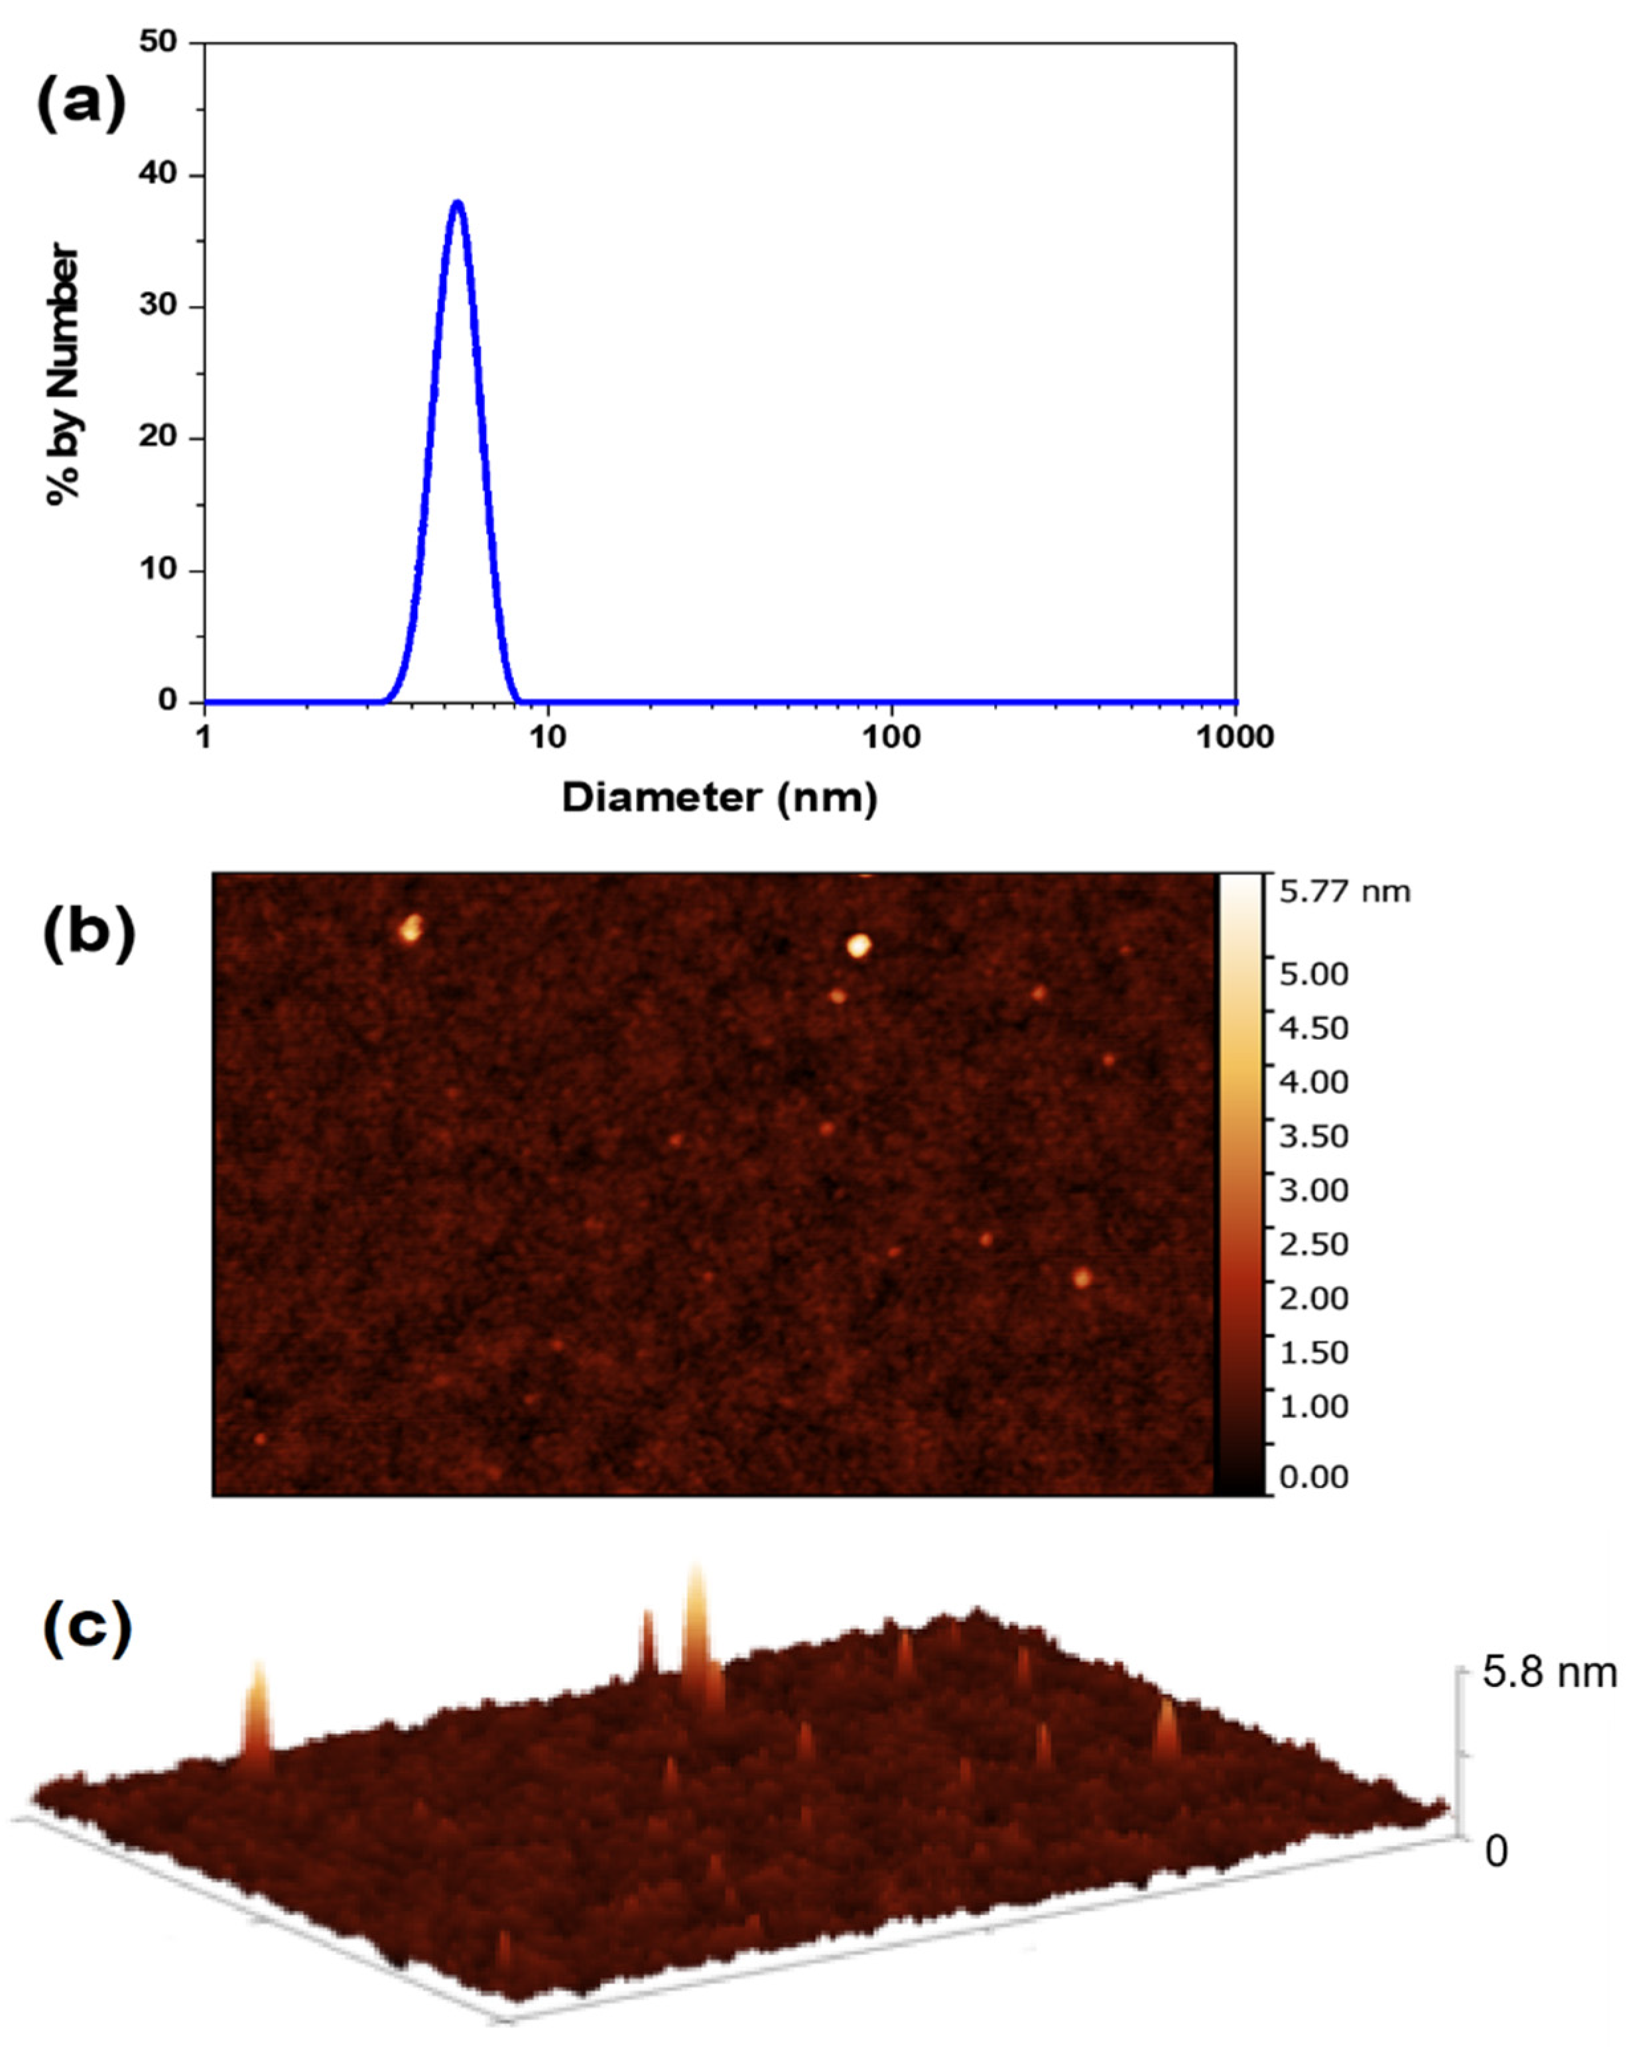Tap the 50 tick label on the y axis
[x=158, y=42]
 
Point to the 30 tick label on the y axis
[x=158, y=305]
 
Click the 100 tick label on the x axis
[x=891, y=737]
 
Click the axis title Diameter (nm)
[x=720, y=797]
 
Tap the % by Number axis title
[x=64, y=373]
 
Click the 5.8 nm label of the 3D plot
[x=1549, y=1672]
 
